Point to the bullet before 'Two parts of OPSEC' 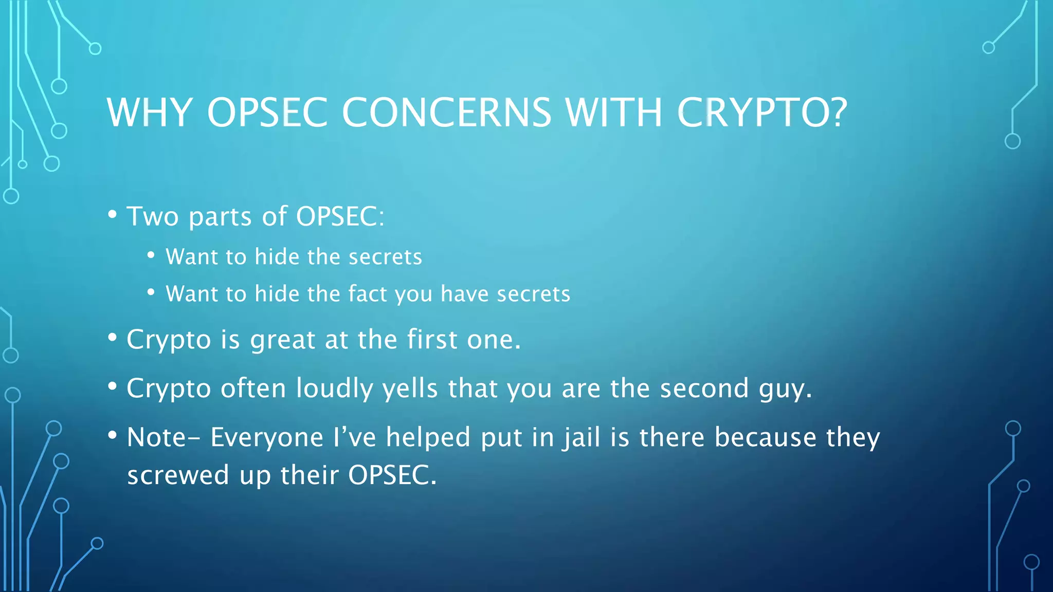[x=112, y=214]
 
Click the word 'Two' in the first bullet [x=153, y=216]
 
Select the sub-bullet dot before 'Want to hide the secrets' [x=151, y=255]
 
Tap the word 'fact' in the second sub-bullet [x=368, y=294]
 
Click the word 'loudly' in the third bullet [x=334, y=388]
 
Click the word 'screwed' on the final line [x=178, y=475]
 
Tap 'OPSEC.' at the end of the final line [x=392, y=475]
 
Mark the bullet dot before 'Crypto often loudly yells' [x=112, y=386]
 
